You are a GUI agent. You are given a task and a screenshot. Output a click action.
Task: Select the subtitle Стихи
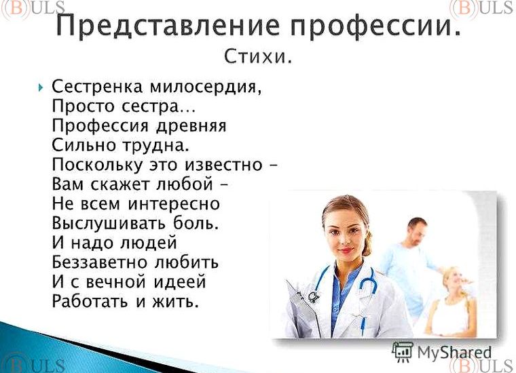258,57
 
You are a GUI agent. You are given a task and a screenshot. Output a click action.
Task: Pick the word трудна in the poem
154,146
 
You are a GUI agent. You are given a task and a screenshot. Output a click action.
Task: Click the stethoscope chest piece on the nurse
314,297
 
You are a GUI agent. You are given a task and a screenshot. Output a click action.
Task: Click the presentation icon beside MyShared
403,351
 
